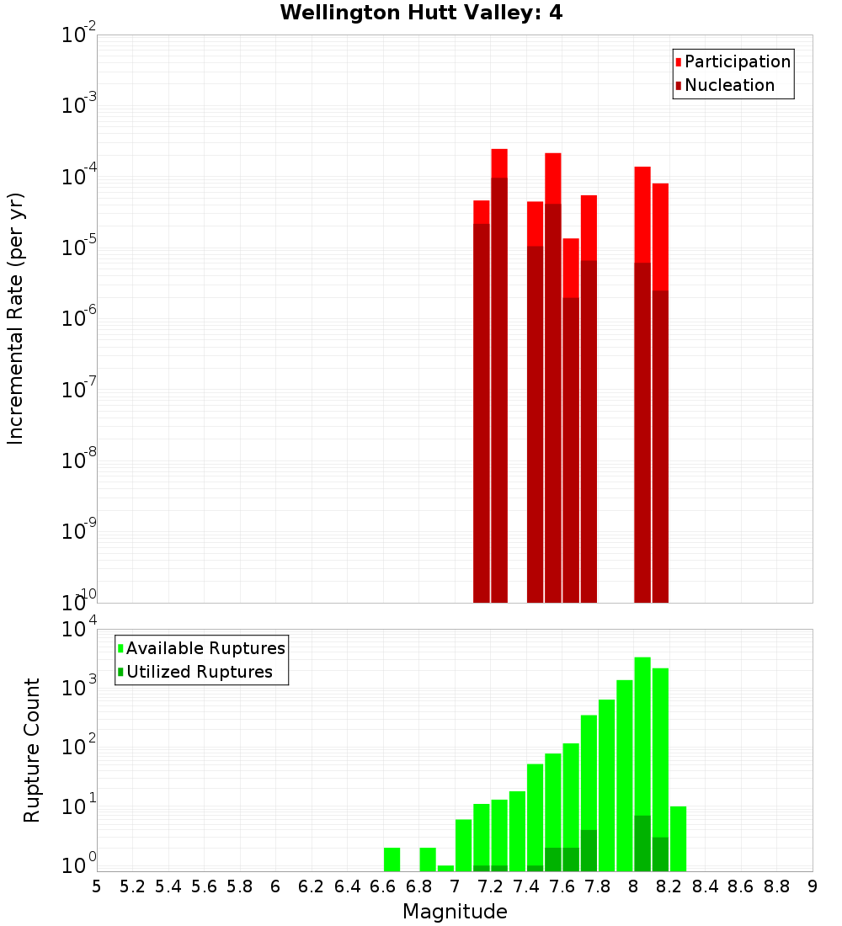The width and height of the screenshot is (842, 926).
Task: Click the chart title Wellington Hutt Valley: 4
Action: coord(421,13)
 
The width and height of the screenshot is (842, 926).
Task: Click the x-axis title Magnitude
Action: coord(455,912)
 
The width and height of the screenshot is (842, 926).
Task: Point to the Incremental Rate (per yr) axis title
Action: coord(16,318)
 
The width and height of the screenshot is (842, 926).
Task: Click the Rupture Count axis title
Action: coord(32,750)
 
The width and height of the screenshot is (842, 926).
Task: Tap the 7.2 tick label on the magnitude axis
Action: coord(490,886)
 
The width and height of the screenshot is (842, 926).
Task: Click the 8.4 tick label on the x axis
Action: coord(705,886)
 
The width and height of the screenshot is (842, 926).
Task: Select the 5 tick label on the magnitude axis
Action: coord(97,886)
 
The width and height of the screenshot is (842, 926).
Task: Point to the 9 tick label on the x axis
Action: coord(813,886)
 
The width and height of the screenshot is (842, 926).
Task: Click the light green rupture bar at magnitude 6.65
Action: coord(392,859)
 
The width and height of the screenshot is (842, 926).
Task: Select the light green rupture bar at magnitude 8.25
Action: coord(679,838)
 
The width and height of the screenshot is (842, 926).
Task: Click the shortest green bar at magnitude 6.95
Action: coord(446,868)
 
